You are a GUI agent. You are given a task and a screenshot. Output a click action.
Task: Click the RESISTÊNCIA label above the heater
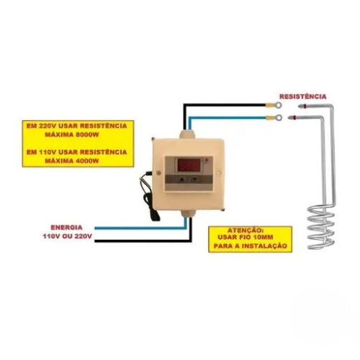302,96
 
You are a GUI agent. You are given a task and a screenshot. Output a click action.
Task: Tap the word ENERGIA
66,228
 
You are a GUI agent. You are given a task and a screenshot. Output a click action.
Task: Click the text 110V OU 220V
67,236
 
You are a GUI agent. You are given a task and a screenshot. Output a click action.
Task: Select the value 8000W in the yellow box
87,135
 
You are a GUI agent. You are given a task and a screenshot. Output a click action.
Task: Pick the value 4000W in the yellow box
87,161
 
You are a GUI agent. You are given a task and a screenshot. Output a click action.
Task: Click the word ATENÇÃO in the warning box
246,230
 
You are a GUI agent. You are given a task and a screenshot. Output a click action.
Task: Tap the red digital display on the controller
189,166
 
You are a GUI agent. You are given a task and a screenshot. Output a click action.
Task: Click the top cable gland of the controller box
187,134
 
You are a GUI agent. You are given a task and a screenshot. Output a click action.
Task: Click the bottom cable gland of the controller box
188,213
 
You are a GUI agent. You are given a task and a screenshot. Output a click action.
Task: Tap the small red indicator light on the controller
206,160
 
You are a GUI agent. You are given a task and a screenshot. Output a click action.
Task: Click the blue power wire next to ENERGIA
140,228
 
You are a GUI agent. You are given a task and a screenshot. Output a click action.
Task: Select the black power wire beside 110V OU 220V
143,241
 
